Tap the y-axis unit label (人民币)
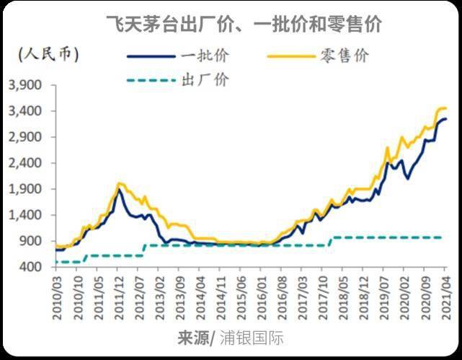(47, 53)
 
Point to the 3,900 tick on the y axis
(26, 86)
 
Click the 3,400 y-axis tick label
(26, 111)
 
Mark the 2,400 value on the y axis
(26, 164)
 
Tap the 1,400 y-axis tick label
(26, 215)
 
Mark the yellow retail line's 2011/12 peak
(120, 183)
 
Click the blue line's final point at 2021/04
(445, 119)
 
